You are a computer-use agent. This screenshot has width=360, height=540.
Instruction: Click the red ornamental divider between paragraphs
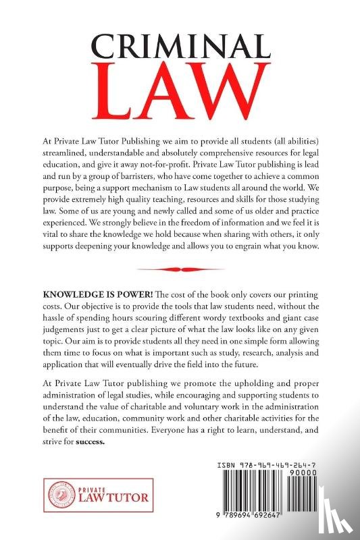pyautogui.click(x=180, y=269)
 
